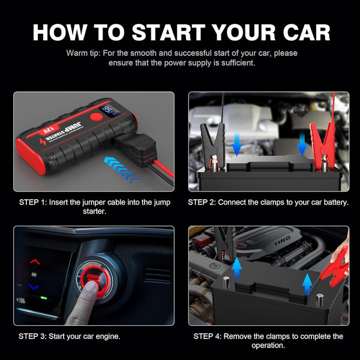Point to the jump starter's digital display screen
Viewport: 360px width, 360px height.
pos(110,111)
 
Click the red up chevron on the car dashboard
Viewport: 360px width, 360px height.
pos(35,262)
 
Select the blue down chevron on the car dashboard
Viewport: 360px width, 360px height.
pos(35,287)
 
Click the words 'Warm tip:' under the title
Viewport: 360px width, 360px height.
pos(85,53)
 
